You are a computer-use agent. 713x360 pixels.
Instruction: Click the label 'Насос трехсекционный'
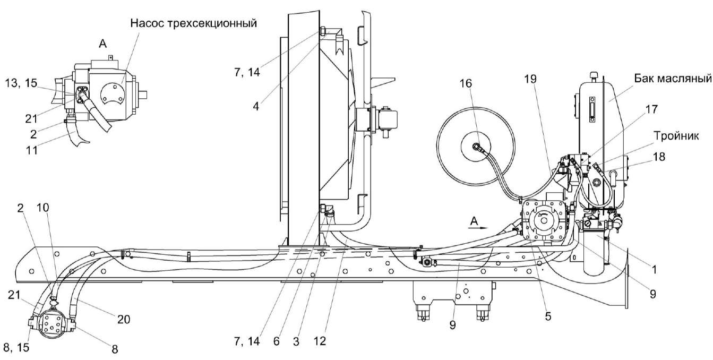click(x=193, y=23)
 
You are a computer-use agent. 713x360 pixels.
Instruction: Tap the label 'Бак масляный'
click(x=672, y=80)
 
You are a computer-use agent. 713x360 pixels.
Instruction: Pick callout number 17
click(x=652, y=110)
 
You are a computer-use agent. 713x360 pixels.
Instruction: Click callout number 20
click(x=123, y=319)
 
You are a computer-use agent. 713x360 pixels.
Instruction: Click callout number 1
click(x=654, y=270)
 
